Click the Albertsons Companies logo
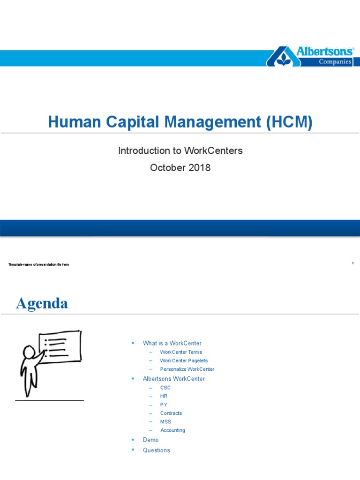[310, 56]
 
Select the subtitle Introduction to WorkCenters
[180, 151]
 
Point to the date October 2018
[180, 167]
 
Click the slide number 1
[352, 263]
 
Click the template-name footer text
[39, 265]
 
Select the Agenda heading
[42, 303]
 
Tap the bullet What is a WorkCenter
[172, 343]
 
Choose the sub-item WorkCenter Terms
[181, 352]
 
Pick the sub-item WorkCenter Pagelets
[184, 360]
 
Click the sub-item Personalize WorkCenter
[187, 369]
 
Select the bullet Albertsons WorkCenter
[173, 379]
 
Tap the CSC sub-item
[165, 388]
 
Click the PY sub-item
[164, 405]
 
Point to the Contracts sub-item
[171, 413]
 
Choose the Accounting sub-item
[172, 430]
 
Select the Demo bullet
[150, 440]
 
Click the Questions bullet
[157, 450]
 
